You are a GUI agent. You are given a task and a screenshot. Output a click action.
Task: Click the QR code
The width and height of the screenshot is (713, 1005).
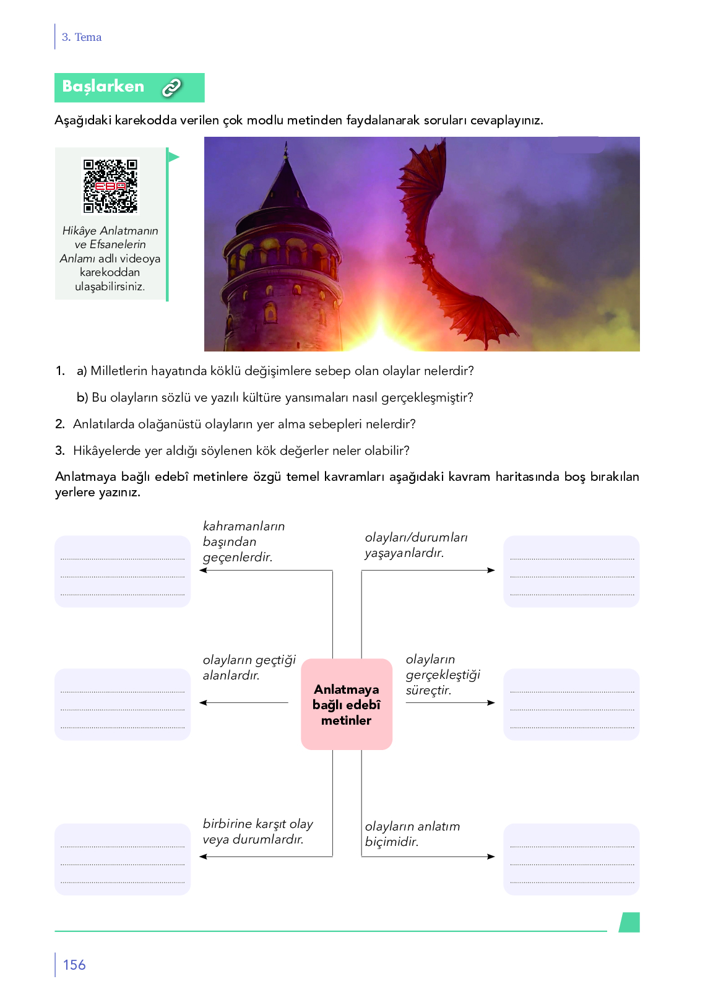tap(110, 186)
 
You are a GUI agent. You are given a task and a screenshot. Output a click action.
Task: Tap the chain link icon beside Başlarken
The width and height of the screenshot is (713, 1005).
tap(171, 88)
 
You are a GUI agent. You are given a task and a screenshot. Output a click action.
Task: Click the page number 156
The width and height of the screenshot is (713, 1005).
tap(74, 965)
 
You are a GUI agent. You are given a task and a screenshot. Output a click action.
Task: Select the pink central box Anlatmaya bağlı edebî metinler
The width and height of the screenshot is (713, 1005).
tap(347, 704)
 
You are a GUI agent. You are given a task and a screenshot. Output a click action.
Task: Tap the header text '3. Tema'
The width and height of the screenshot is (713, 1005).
tap(82, 37)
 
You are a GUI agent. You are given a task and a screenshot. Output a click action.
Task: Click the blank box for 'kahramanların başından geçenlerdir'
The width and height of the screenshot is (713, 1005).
tap(123, 571)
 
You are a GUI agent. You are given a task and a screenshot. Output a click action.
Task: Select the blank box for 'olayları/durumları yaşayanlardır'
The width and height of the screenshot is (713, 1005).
tap(571, 571)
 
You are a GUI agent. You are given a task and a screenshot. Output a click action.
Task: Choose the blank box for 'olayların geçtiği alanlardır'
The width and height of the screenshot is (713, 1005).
tap(123, 704)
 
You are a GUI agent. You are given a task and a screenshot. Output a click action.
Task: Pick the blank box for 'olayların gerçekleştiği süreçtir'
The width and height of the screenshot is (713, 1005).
tap(571, 704)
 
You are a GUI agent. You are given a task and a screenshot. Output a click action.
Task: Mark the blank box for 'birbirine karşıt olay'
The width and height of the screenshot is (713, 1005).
tap(123, 859)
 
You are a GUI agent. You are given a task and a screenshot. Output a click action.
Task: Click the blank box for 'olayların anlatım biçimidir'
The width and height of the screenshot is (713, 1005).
tap(571, 859)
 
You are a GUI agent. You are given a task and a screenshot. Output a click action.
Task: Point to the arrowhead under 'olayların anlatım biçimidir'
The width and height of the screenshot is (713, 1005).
tap(491, 856)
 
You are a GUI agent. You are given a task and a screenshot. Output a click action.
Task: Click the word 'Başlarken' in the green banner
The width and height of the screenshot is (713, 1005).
tap(103, 87)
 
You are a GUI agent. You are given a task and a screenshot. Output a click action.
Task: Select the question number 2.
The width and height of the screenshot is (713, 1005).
tap(59, 424)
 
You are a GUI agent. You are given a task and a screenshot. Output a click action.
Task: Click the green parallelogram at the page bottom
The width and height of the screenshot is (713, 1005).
tap(629, 922)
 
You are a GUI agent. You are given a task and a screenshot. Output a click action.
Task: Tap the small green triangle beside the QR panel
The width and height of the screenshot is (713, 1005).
tap(174, 157)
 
